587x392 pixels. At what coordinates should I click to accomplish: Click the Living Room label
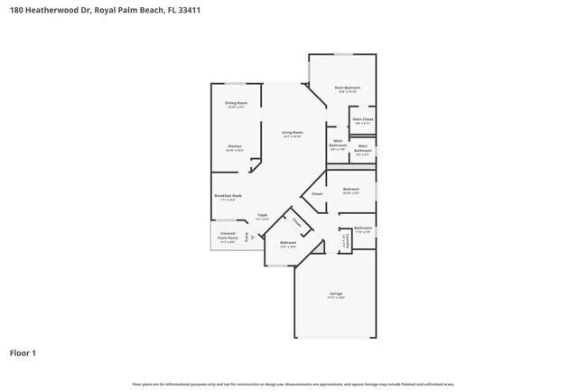point(292,134)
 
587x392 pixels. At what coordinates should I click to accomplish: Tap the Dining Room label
point(236,104)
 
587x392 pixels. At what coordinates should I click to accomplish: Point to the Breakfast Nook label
point(228,196)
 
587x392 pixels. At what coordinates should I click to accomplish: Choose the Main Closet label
point(362,120)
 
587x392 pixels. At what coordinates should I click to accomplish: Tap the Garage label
point(336,295)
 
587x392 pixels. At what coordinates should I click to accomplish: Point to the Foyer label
point(262,216)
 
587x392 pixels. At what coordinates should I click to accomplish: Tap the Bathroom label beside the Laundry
point(363,229)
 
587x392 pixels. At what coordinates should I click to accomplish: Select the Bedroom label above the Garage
point(288,243)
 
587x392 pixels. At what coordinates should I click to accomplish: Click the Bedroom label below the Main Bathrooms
point(350,190)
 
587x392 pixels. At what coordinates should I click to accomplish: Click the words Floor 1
point(23,352)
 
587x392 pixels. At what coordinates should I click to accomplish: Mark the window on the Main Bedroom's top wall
point(343,54)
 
